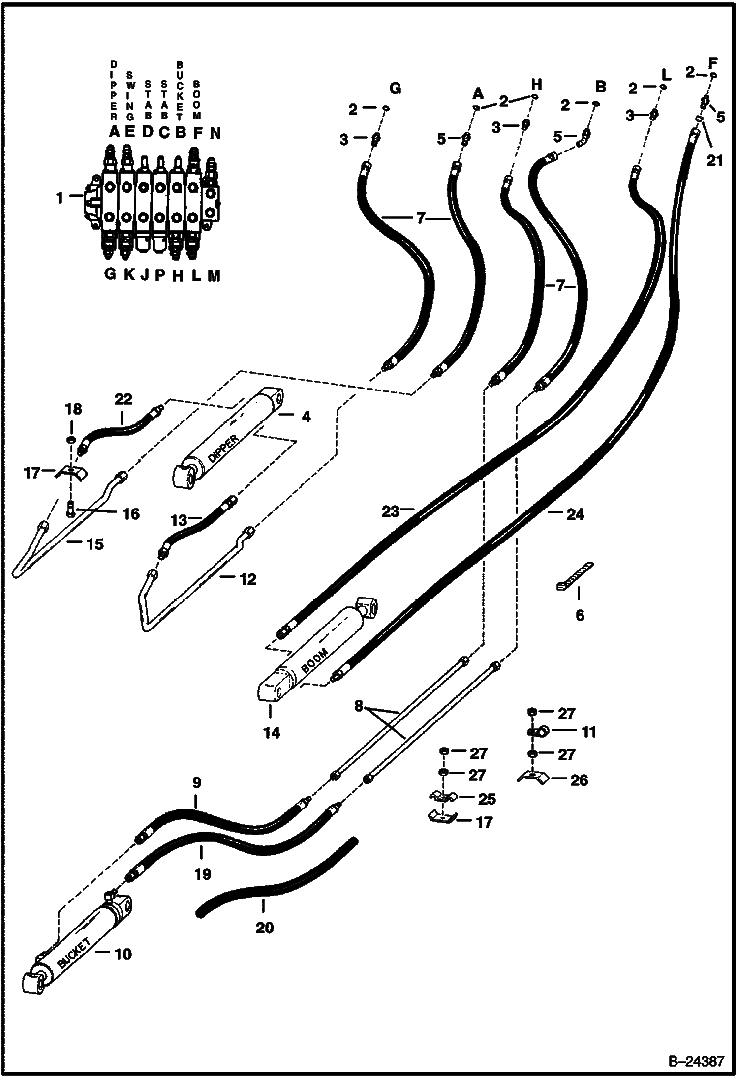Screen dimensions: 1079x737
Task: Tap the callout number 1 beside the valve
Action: [60, 198]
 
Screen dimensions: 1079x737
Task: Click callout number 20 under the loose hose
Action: [264, 928]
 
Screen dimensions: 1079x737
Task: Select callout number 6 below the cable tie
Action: [580, 615]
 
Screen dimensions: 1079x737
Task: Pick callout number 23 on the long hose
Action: [390, 512]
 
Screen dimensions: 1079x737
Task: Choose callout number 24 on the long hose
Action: [575, 514]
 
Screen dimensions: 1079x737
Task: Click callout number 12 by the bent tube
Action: [247, 580]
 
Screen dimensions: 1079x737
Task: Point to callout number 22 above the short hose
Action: [123, 399]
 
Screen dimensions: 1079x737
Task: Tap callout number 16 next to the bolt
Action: [131, 514]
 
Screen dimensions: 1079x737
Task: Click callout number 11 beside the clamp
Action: [588, 732]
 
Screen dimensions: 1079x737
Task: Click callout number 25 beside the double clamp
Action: [487, 799]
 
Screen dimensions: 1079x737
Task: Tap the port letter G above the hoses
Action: [395, 89]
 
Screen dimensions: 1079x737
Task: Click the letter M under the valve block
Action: [213, 276]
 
